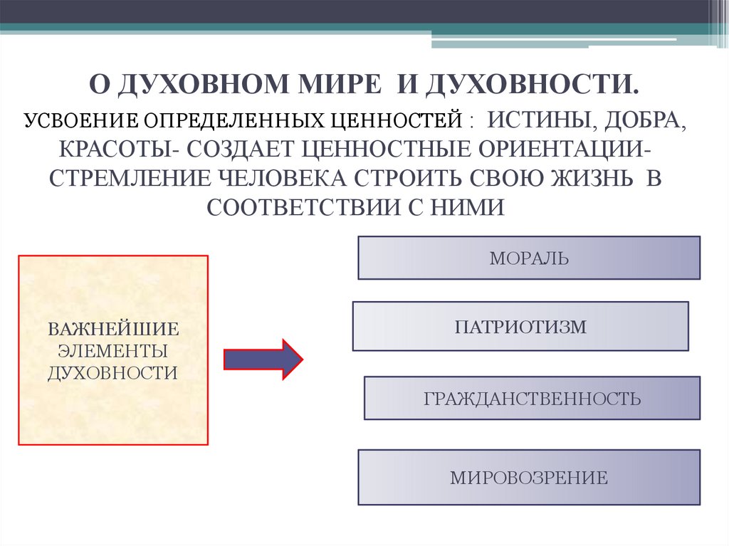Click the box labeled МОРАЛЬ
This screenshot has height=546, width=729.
point(529,258)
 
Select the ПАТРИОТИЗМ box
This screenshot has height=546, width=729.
point(520,327)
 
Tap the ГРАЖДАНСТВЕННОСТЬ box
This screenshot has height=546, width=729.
point(532,398)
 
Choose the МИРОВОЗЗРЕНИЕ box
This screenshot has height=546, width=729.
point(529,477)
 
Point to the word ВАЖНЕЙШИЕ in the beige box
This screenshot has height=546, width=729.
point(112,330)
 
